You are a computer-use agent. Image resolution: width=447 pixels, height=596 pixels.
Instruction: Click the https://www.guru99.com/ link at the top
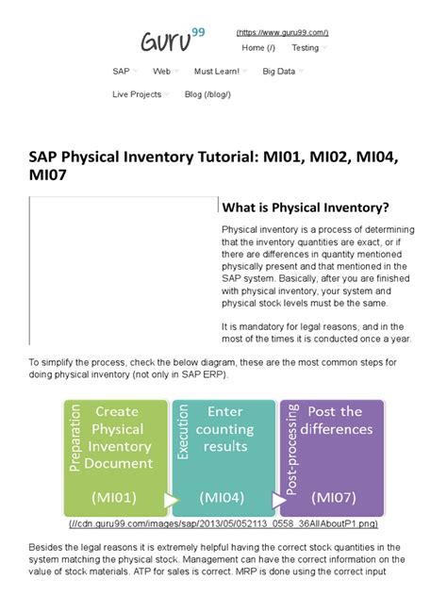[282, 32]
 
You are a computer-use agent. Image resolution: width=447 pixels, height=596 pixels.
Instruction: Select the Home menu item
[257, 47]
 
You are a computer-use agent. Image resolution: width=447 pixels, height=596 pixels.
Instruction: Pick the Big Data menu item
[280, 71]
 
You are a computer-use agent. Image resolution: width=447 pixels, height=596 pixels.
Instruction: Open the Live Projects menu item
[137, 94]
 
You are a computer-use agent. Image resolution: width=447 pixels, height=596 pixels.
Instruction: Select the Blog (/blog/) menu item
[207, 94]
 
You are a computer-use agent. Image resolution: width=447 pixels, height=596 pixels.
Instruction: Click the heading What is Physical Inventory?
[305, 207]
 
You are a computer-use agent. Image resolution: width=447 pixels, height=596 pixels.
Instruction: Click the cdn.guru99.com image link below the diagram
[223, 522]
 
